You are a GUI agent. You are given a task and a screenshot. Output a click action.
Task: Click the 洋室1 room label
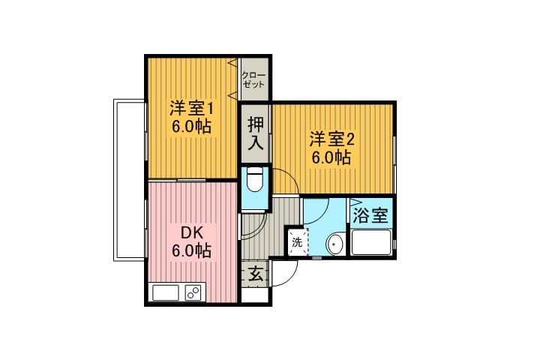[191, 109]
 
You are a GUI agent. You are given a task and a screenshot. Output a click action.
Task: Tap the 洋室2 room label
[331, 140]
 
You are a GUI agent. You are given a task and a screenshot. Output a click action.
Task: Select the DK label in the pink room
[192, 233]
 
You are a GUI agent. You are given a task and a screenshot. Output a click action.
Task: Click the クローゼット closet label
[253, 80]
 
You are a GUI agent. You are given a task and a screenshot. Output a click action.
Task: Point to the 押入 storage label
[256, 133]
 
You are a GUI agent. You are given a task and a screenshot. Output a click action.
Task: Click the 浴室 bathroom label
[370, 216]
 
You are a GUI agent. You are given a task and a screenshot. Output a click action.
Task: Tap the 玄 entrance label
[256, 274]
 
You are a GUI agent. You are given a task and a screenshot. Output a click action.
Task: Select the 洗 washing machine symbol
[298, 241]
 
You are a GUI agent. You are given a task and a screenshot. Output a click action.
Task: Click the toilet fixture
[255, 179]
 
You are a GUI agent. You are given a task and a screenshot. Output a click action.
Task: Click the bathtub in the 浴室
[371, 242]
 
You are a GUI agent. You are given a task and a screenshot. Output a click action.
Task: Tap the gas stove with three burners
[194, 293]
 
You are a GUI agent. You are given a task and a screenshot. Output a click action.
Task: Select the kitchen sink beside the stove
[166, 293]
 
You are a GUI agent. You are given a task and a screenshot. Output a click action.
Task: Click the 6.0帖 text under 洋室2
[331, 158]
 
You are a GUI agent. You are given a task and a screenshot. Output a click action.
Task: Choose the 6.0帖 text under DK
[191, 250]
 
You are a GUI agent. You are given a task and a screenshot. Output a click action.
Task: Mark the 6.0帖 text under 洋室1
[191, 127]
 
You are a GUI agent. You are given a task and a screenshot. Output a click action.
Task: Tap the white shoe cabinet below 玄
[254, 295]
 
